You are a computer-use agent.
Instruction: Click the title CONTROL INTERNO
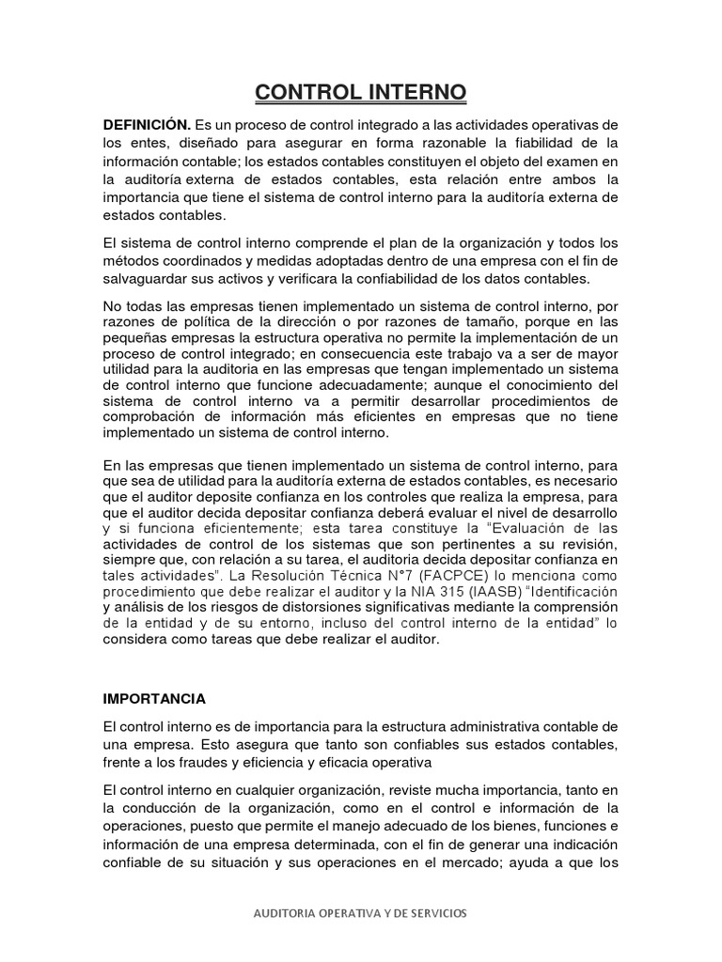coord(361,93)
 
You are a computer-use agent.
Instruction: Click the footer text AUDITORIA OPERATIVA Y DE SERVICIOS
coord(360,912)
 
